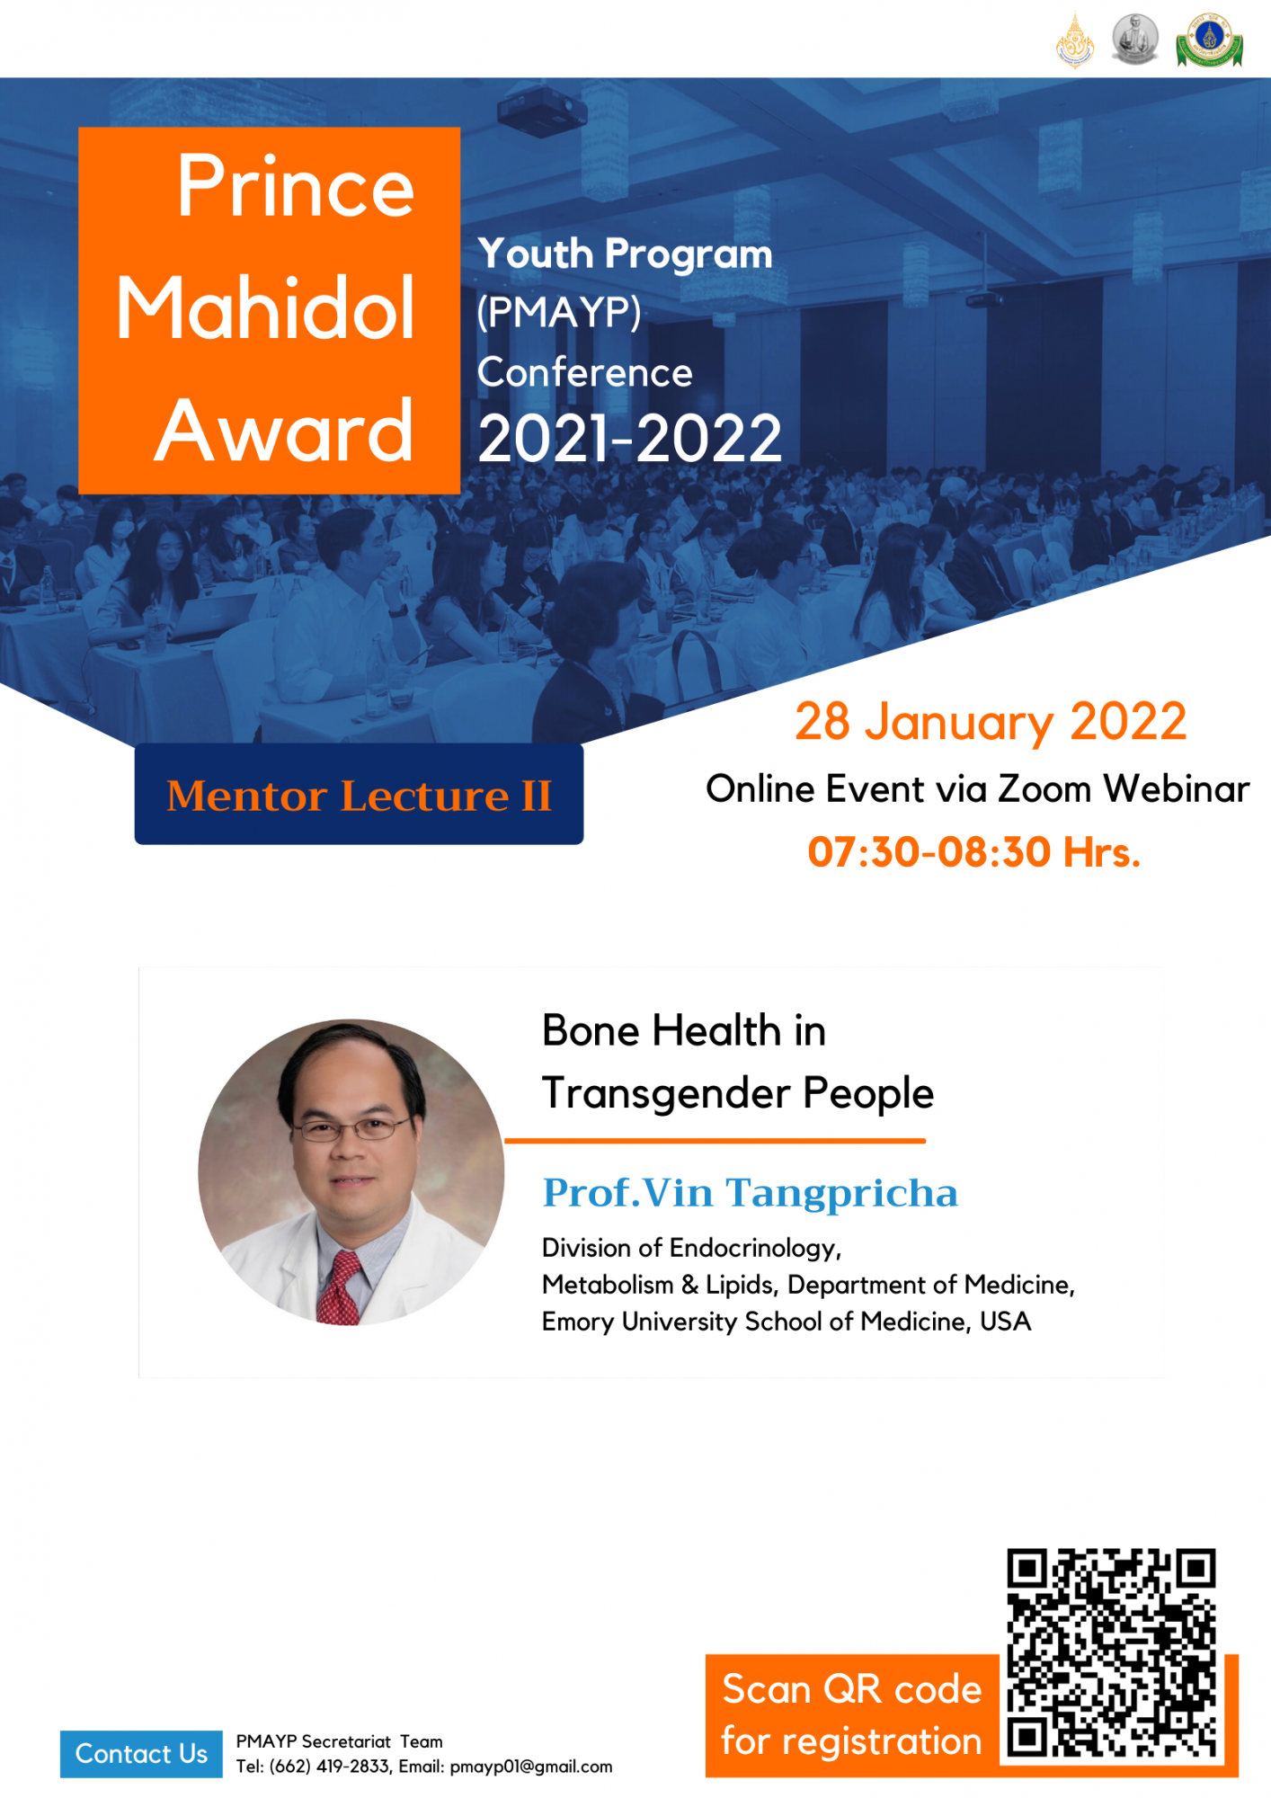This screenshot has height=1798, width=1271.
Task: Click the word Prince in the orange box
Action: [295, 186]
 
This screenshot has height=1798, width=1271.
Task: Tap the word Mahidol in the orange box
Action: [266, 308]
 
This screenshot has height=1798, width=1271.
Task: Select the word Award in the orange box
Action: [284, 432]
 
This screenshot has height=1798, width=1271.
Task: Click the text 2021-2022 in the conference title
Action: [629, 439]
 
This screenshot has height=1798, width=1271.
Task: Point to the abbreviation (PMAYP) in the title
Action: [559, 313]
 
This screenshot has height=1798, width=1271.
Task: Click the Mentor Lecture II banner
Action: [359, 795]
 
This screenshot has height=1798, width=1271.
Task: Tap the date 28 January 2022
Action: [991, 722]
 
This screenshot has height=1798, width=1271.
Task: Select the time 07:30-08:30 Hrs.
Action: [974, 851]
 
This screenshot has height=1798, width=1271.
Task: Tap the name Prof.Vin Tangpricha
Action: [751, 1194]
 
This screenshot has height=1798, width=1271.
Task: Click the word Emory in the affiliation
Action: [578, 1322]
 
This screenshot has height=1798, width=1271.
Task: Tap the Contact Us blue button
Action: [141, 1754]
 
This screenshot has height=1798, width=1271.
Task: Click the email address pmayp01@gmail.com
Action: [531, 1767]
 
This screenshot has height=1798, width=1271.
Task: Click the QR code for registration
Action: [1111, 1652]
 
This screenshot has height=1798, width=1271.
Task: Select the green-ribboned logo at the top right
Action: [1209, 40]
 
